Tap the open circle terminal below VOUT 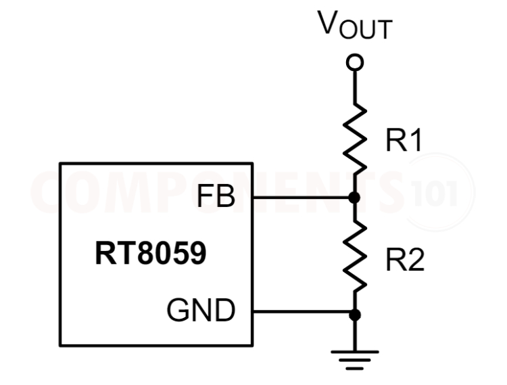click(354, 63)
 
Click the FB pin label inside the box click(216, 197)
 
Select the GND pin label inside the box click(201, 312)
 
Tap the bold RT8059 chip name click(151, 255)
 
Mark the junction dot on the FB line click(354, 198)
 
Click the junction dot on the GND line click(354, 314)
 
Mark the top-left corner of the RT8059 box click(60, 164)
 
